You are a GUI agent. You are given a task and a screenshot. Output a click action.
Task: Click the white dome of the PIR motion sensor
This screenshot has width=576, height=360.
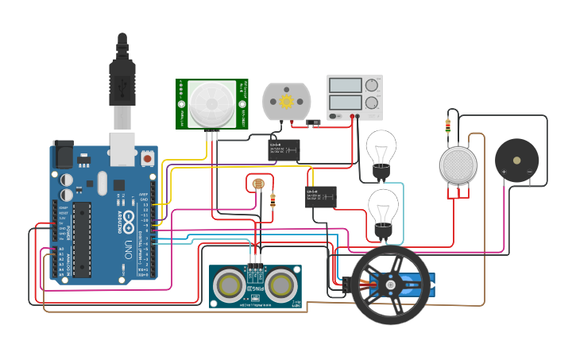coord(211,103)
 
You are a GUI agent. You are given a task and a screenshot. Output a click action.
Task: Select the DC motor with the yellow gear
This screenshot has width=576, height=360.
coord(286,102)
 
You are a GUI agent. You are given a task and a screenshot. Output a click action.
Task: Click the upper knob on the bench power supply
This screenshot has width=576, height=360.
coord(371,85)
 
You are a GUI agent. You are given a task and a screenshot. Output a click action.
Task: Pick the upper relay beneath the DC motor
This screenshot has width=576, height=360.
coord(284,149)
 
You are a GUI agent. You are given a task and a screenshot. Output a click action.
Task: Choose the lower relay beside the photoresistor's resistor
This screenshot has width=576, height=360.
coord(320,196)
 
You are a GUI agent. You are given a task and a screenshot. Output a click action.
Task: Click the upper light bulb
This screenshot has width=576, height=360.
coord(381,149)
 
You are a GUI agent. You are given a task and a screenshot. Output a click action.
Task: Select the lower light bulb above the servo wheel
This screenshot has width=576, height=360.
coord(383,209)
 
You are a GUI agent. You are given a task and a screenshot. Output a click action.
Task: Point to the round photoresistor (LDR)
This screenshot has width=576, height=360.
coord(257,184)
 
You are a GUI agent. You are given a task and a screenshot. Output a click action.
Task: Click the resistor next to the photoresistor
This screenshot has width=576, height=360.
coord(273,199)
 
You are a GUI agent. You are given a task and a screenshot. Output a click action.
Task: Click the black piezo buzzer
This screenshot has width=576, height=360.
coord(516,161)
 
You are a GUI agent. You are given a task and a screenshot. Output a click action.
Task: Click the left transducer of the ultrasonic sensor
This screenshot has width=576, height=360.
coord(230,285)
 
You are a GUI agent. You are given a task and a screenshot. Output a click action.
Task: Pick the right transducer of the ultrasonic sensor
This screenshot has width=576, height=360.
coord(280,285)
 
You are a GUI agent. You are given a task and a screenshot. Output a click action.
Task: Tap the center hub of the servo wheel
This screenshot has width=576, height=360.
coord(390,285)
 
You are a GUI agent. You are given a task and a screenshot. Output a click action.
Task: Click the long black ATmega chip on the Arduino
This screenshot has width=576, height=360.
coord(82,239)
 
